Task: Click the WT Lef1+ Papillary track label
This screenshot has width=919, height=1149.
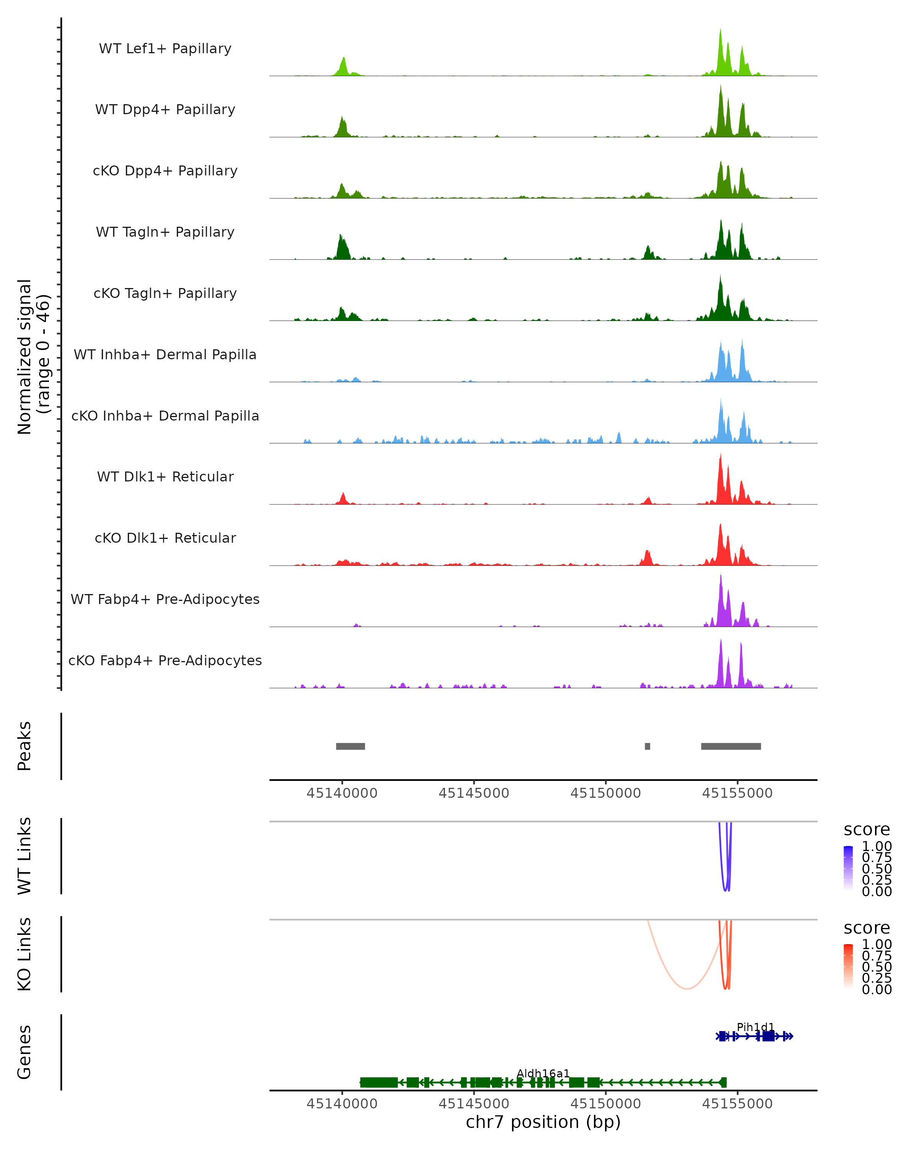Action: pos(165,49)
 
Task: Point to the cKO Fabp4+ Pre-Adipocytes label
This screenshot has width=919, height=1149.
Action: pos(165,660)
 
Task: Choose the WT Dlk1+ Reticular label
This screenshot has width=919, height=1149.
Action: pos(165,476)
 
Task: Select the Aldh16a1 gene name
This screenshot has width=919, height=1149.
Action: pos(543,1073)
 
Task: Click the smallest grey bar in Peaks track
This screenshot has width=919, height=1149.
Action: pos(647,746)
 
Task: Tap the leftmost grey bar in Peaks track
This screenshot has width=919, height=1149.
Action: pos(350,746)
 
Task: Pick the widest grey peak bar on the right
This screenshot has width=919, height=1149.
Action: pos(731,746)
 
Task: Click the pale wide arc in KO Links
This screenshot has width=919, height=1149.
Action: pos(687,989)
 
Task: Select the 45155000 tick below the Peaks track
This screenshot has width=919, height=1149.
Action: pos(737,793)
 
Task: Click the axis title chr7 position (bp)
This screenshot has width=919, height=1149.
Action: pos(543,1122)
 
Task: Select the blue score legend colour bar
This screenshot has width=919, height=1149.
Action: pos(848,868)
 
